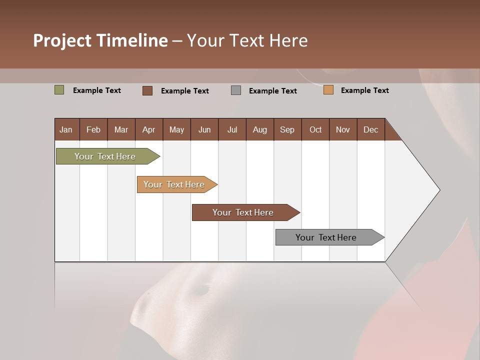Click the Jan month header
click(x=66, y=129)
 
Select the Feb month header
click(x=93, y=129)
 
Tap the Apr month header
click(x=148, y=129)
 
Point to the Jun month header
click(x=204, y=129)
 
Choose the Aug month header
click(x=260, y=129)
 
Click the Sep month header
click(x=287, y=129)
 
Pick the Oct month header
click(x=315, y=129)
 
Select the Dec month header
click(x=371, y=129)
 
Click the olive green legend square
click(x=59, y=90)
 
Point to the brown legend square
click(x=147, y=90)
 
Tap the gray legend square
click(x=236, y=90)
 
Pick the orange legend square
click(x=328, y=90)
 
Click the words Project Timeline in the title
click(x=100, y=40)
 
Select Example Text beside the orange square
click(x=365, y=90)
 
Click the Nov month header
click(x=343, y=129)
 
